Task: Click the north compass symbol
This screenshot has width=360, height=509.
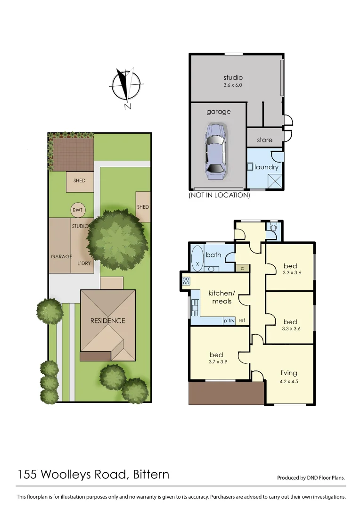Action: (126, 86)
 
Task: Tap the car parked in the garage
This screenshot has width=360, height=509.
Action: (215, 150)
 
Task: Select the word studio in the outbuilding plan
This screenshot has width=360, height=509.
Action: (233, 77)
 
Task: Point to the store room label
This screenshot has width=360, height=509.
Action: (264, 140)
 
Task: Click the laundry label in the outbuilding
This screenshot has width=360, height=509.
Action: (267, 167)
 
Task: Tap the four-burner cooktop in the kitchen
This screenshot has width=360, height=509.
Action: (186, 281)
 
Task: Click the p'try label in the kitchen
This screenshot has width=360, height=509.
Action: (229, 320)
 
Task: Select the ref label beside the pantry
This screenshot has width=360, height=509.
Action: (242, 320)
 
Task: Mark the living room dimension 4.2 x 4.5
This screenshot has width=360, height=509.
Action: (289, 383)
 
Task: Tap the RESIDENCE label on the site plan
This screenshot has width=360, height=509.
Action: (107, 320)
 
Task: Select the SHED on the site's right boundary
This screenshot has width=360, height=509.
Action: (143, 207)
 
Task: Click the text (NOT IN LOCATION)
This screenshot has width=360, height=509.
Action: (219, 195)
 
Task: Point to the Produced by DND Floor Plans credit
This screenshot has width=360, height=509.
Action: (311, 477)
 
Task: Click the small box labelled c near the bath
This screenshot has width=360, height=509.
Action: (242, 268)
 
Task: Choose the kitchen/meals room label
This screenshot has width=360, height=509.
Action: (221, 297)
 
